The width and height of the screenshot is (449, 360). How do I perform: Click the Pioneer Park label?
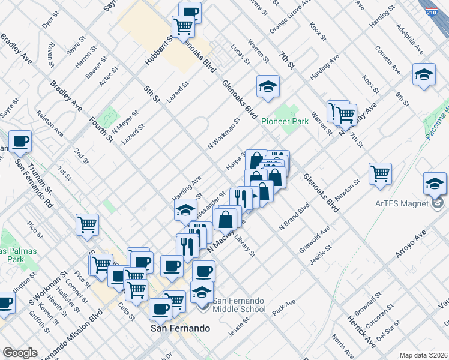(285, 121)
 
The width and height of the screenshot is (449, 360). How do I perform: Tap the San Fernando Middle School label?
(239, 305)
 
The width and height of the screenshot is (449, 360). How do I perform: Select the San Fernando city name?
(179, 329)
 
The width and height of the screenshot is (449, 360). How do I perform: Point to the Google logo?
(20, 352)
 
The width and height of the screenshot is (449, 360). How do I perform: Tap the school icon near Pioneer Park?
(268, 86)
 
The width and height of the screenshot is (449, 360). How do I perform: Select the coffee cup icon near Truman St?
(20, 142)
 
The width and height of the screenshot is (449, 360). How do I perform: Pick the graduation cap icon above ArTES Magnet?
(435, 184)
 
